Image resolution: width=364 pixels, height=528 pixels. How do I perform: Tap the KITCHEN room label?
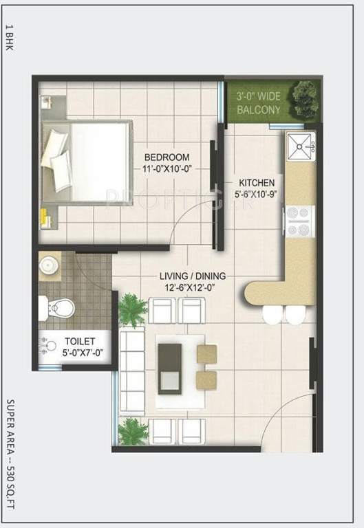256,182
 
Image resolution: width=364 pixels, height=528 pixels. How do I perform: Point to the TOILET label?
80,341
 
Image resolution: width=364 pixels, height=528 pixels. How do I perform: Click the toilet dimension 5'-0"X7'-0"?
80,353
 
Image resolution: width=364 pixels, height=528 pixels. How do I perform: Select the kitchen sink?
301,146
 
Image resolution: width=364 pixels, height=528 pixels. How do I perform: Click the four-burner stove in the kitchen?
300,222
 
